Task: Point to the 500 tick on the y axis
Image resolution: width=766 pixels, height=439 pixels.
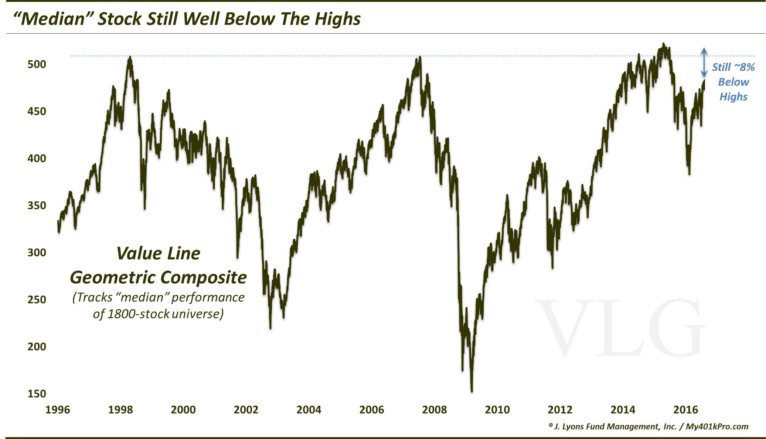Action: click(37, 64)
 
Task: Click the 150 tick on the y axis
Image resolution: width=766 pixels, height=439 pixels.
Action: click(37, 394)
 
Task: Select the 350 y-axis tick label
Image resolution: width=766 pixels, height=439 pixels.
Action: click(37, 205)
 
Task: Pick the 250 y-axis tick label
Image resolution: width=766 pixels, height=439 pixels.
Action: click(37, 300)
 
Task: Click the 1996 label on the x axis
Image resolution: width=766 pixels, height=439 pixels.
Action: click(58, 410)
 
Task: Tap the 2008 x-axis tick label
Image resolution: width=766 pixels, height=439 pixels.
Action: click(435, 410)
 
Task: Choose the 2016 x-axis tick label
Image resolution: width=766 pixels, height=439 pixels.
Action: click(686, 410)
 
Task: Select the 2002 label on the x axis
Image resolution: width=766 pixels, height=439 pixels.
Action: click(246, 410)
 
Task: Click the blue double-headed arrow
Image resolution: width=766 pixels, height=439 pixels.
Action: click(704, 62)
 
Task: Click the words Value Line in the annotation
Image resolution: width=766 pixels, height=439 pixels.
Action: click(158, 253)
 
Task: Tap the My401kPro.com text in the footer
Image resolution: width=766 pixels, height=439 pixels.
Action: click(717, 426)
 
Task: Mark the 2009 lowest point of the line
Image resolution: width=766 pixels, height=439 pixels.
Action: click(472, 391)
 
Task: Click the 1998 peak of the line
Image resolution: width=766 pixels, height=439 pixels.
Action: click(130, 57)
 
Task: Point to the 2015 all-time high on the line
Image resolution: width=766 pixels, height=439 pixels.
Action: click(663, 44)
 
